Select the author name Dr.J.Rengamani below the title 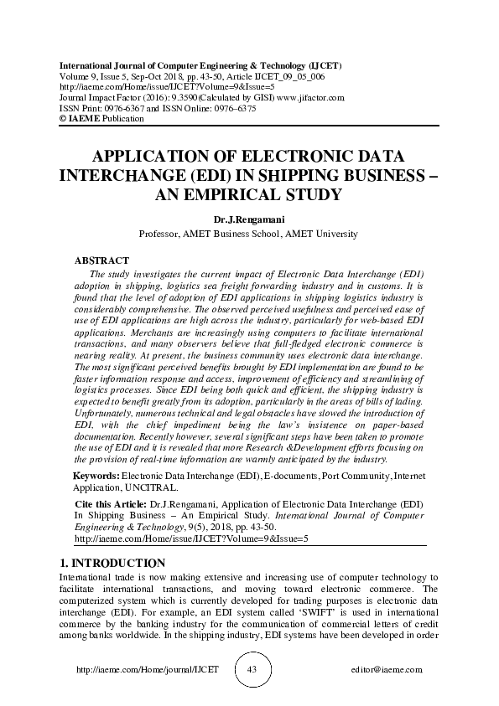coord(249,220)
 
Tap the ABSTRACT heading coord(101,261)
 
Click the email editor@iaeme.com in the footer coord(388,671)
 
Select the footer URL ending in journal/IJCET coord(135,671)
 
